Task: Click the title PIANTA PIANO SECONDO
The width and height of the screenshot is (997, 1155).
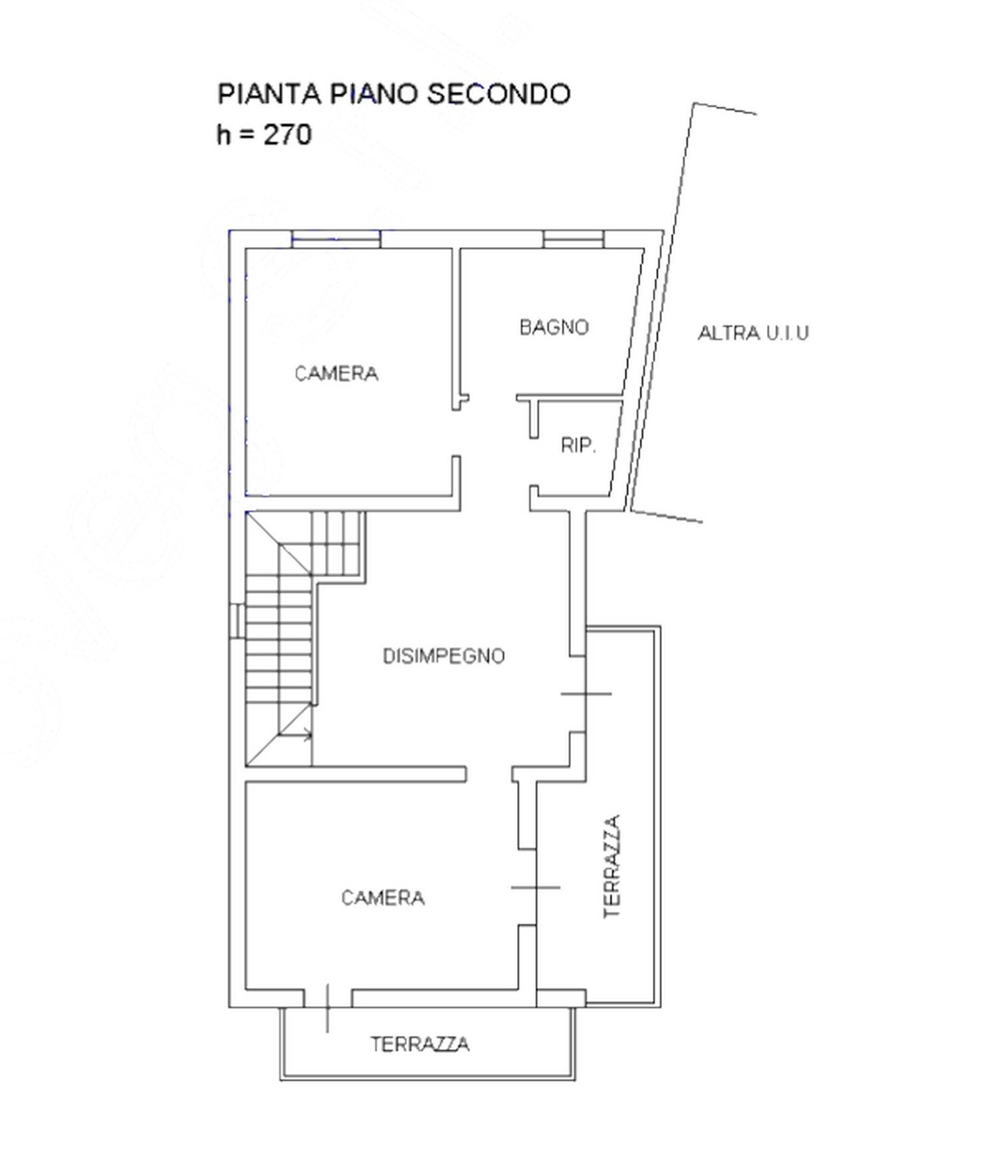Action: tap(394, 94)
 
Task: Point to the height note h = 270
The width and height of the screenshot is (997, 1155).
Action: tap(264, 135)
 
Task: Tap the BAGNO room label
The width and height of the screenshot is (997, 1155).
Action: tap(554, 327)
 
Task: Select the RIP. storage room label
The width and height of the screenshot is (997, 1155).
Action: tap(578, 445)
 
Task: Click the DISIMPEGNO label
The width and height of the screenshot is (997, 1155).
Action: tap(444, 656)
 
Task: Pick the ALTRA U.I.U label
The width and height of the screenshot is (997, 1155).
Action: tap(753, 332)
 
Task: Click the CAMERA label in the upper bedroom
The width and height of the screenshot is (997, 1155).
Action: tap(336, 373)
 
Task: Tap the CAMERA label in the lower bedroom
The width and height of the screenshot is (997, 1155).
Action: tap(383, 898)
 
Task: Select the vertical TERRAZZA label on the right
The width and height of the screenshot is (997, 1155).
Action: tap(611, 866)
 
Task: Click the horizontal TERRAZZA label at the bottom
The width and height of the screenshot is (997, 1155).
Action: tap(420, 1045)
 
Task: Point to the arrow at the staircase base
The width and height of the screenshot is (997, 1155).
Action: tap(295, 735)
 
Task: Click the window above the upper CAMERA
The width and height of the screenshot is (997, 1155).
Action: tap(336, 239)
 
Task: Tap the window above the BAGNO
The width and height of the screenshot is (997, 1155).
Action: tap(574, 239)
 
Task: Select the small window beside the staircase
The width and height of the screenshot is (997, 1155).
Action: tap(237, 621)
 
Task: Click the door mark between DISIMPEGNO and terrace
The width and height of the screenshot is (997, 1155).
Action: tap(586, 694)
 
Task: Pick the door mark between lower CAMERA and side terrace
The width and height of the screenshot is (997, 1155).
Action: tap(536, 887)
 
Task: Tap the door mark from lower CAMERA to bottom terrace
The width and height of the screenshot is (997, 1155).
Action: tap(328, 1008)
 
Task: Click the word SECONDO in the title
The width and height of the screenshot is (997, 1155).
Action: tap(498, 94)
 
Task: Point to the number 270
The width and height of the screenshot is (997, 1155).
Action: tap(288, 135)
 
